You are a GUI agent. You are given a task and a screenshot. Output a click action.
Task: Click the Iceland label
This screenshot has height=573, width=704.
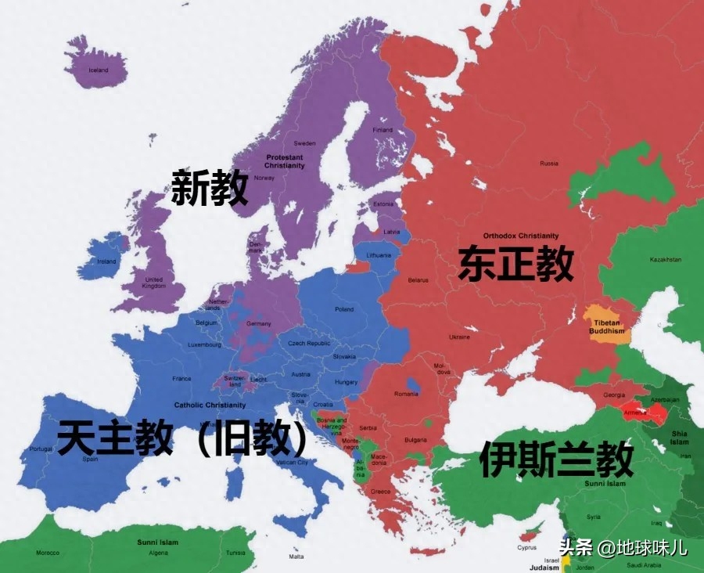[x=99, y=70]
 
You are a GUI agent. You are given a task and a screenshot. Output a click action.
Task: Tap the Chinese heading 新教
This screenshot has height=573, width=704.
[x=210, y=188]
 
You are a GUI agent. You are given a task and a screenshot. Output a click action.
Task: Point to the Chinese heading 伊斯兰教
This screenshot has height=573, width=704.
[x=556, y=459]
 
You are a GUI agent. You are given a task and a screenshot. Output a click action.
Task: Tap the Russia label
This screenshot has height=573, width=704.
[x=549, y=164]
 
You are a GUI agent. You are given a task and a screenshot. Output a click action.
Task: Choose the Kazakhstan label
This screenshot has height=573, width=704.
[x=665, y=260]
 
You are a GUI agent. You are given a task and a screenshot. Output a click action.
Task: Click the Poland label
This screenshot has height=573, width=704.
[x=344, y=309]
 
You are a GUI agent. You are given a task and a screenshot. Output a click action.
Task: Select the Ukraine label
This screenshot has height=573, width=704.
[x=459, y=337]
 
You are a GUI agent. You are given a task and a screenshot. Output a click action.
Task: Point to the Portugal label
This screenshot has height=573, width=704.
[x=41, y=449]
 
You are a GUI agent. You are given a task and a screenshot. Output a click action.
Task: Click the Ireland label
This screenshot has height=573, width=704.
[x=106, y=261]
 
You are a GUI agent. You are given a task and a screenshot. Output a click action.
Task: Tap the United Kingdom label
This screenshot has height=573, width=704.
[x=154, y=283]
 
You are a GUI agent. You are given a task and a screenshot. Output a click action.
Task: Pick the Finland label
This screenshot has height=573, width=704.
[x=383, y=130]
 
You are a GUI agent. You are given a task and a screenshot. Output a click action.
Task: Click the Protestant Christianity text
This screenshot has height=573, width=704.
[x=284, y=161]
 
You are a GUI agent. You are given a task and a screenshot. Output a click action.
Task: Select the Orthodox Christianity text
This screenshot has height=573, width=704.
[x=521, y=236]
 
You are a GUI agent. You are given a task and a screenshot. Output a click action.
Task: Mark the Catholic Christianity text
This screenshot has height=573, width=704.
[x=210, y=405]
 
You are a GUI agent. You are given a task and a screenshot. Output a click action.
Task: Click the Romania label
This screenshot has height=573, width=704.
[x=406, y=394]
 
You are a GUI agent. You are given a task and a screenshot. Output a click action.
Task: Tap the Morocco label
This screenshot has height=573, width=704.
[x=47, y=553]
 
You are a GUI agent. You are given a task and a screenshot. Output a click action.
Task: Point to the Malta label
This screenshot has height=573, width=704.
[x=296, y=557]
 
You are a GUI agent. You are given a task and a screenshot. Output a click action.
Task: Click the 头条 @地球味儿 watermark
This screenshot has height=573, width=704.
[x=623, y=547]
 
